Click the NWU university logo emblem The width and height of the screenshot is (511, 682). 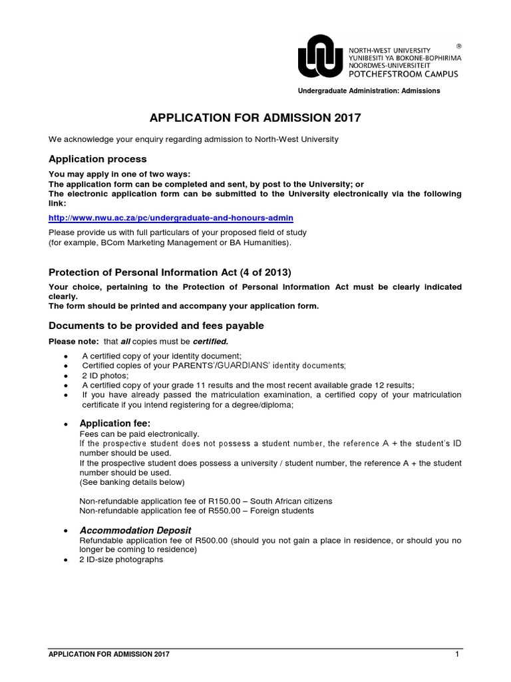point(321,57)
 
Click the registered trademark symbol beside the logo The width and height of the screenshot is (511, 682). point(458,46)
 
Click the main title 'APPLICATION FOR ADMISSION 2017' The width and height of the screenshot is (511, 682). point(255,119)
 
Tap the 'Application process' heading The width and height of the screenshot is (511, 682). point(98,159)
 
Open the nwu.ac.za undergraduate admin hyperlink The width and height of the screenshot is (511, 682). point(171,218)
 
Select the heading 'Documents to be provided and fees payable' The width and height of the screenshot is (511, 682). point(156,326)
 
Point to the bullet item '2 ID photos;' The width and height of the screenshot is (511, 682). point(105,376)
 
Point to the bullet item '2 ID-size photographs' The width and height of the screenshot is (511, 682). point(121,559)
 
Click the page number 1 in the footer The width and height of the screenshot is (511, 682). point(458,655)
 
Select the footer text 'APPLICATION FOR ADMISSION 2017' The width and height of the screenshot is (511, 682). point(109,655)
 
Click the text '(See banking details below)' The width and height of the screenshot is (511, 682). point(132,482)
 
